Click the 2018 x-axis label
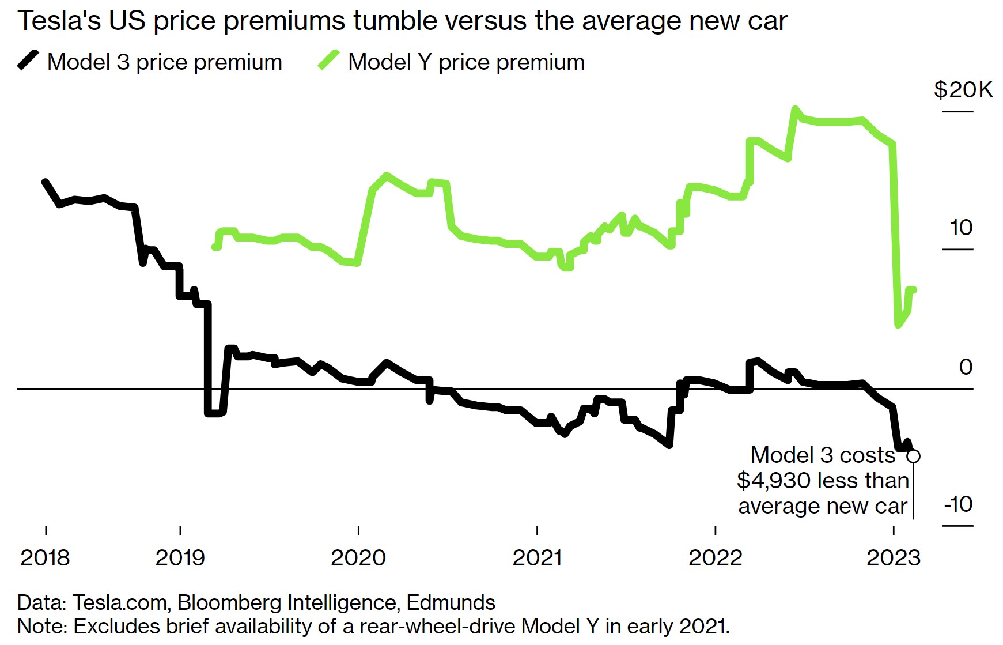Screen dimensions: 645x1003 point(45,557)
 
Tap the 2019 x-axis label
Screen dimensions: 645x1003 point(180,557)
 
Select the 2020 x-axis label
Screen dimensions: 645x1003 point(358,557)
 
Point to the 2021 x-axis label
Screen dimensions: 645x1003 point(537,557)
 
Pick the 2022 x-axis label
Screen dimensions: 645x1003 point(715,557)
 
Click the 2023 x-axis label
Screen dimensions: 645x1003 point(894,557)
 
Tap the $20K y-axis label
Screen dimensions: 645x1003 point(963,90)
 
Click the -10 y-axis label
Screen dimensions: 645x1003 point(959,504)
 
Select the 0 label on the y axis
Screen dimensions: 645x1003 point(966,367)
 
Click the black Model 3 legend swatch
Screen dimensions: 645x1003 point(28,60)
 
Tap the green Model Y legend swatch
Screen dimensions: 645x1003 point(328,60)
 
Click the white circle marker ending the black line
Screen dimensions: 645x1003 point(913,456)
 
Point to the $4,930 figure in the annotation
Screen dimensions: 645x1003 point(774,480)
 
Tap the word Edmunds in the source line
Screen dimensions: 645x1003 point(451,602)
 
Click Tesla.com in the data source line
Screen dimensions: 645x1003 point(120,602)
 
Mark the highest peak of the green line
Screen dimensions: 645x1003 point(796,109)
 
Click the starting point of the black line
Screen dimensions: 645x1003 point(45,182)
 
